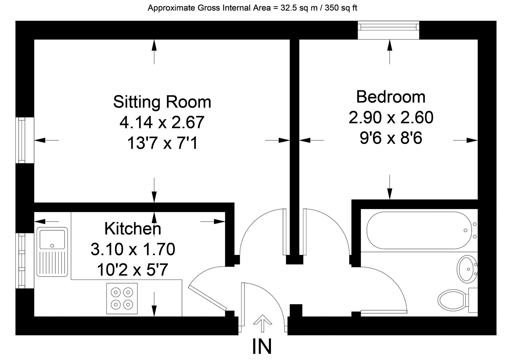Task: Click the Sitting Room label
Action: pyautogui.click(x=162, y=102)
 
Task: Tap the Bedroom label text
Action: pyautogui.click(x=391, y=97)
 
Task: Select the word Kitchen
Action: pyautogui.click(x=133, y=229)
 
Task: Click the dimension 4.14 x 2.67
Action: pyautogui.click(x=162, y=122)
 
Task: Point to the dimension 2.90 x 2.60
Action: pyautogui.click(x=391, y=117)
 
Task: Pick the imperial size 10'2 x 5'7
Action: pyautogui.click(x=133, y=270)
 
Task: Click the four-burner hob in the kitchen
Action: pyautogui.click(x=122, y=298)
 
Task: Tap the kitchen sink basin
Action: pyautogui.click(x=52, y=239)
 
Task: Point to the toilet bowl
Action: pyautogui.click(x=452, y=299)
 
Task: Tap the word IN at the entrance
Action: pyautogui.click(x=262, y=346)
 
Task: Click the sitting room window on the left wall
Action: pyautogui.click(x=21, y=140)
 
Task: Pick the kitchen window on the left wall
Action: pyautogui.click(x=21, y=260)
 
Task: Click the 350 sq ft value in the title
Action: pyautogui.click(x=341, y=8)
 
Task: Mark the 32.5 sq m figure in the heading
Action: pyautogui.click(x=294, y=8)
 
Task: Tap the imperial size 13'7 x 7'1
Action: pyautogui.click(x=162, y=144)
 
